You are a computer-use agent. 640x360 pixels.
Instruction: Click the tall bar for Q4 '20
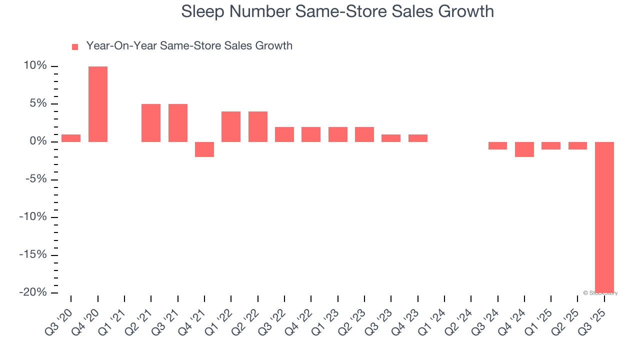tap(98, 104)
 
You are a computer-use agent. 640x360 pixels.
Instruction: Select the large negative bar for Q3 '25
tap(604, 217)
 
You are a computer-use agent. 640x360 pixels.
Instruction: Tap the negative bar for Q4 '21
tap(204, 149)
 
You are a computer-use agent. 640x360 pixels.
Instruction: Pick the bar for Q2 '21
tap(151, 123)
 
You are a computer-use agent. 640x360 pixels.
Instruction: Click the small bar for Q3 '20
tap(71, 138)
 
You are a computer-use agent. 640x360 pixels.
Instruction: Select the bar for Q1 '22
tap(231, 126)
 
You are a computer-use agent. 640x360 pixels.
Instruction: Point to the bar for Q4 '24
tap(524, 149)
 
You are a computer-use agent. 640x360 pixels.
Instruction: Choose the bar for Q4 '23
tap(418, 138)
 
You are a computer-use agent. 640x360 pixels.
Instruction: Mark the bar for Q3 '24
tap(498, 145)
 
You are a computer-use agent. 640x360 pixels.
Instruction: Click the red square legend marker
tap(75, 47)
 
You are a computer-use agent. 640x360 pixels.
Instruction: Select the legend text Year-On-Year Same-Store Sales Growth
tap(189, 46)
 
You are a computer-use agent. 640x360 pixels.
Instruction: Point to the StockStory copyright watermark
tap(600, 293)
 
